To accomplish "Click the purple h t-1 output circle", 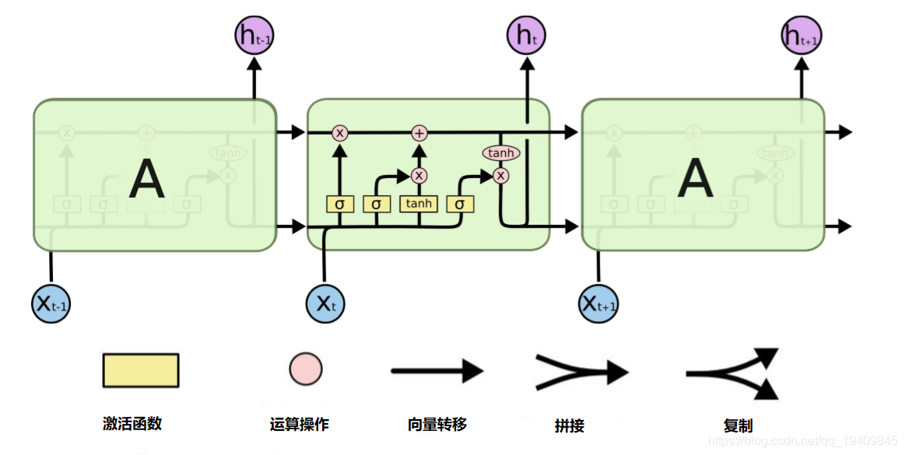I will pyautogui.click(x=254, y=35).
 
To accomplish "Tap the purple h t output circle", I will pyautogui.click(x=528, y=35).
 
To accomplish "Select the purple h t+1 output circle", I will pyautogui.click(x=802, y=35).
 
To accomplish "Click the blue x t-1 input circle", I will pyautogui.click(x=51, y=303).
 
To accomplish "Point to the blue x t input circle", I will pyautogui.click(x=324, y=303).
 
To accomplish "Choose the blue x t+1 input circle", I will pyautogui.click(x=599, y=303).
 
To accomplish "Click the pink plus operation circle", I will pyautogui.click(x=419, y=133).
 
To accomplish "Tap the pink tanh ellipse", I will pyautogui.click(x=501, y=153).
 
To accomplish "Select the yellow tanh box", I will pyautogui.click(x=419, y=204).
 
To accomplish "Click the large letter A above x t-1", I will pyautogui.click(x=146, y=178).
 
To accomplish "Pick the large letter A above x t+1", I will pyautogui.click(x=695, y=178).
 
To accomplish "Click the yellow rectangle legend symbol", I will pyautogui.click(x=141, y=370).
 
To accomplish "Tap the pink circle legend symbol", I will pyautogui.click(x=306, y=369).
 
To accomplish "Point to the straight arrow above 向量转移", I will pyautogui.click(x=437, y=371).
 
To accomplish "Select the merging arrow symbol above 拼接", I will pyautogui.click(x=581, y=371).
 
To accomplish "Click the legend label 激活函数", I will pyautogui.click(x=132, y=423).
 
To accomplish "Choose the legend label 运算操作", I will pyautogui.click(x=300, y=424).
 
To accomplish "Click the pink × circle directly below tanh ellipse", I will pyautogui.click(x=500, y=176).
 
